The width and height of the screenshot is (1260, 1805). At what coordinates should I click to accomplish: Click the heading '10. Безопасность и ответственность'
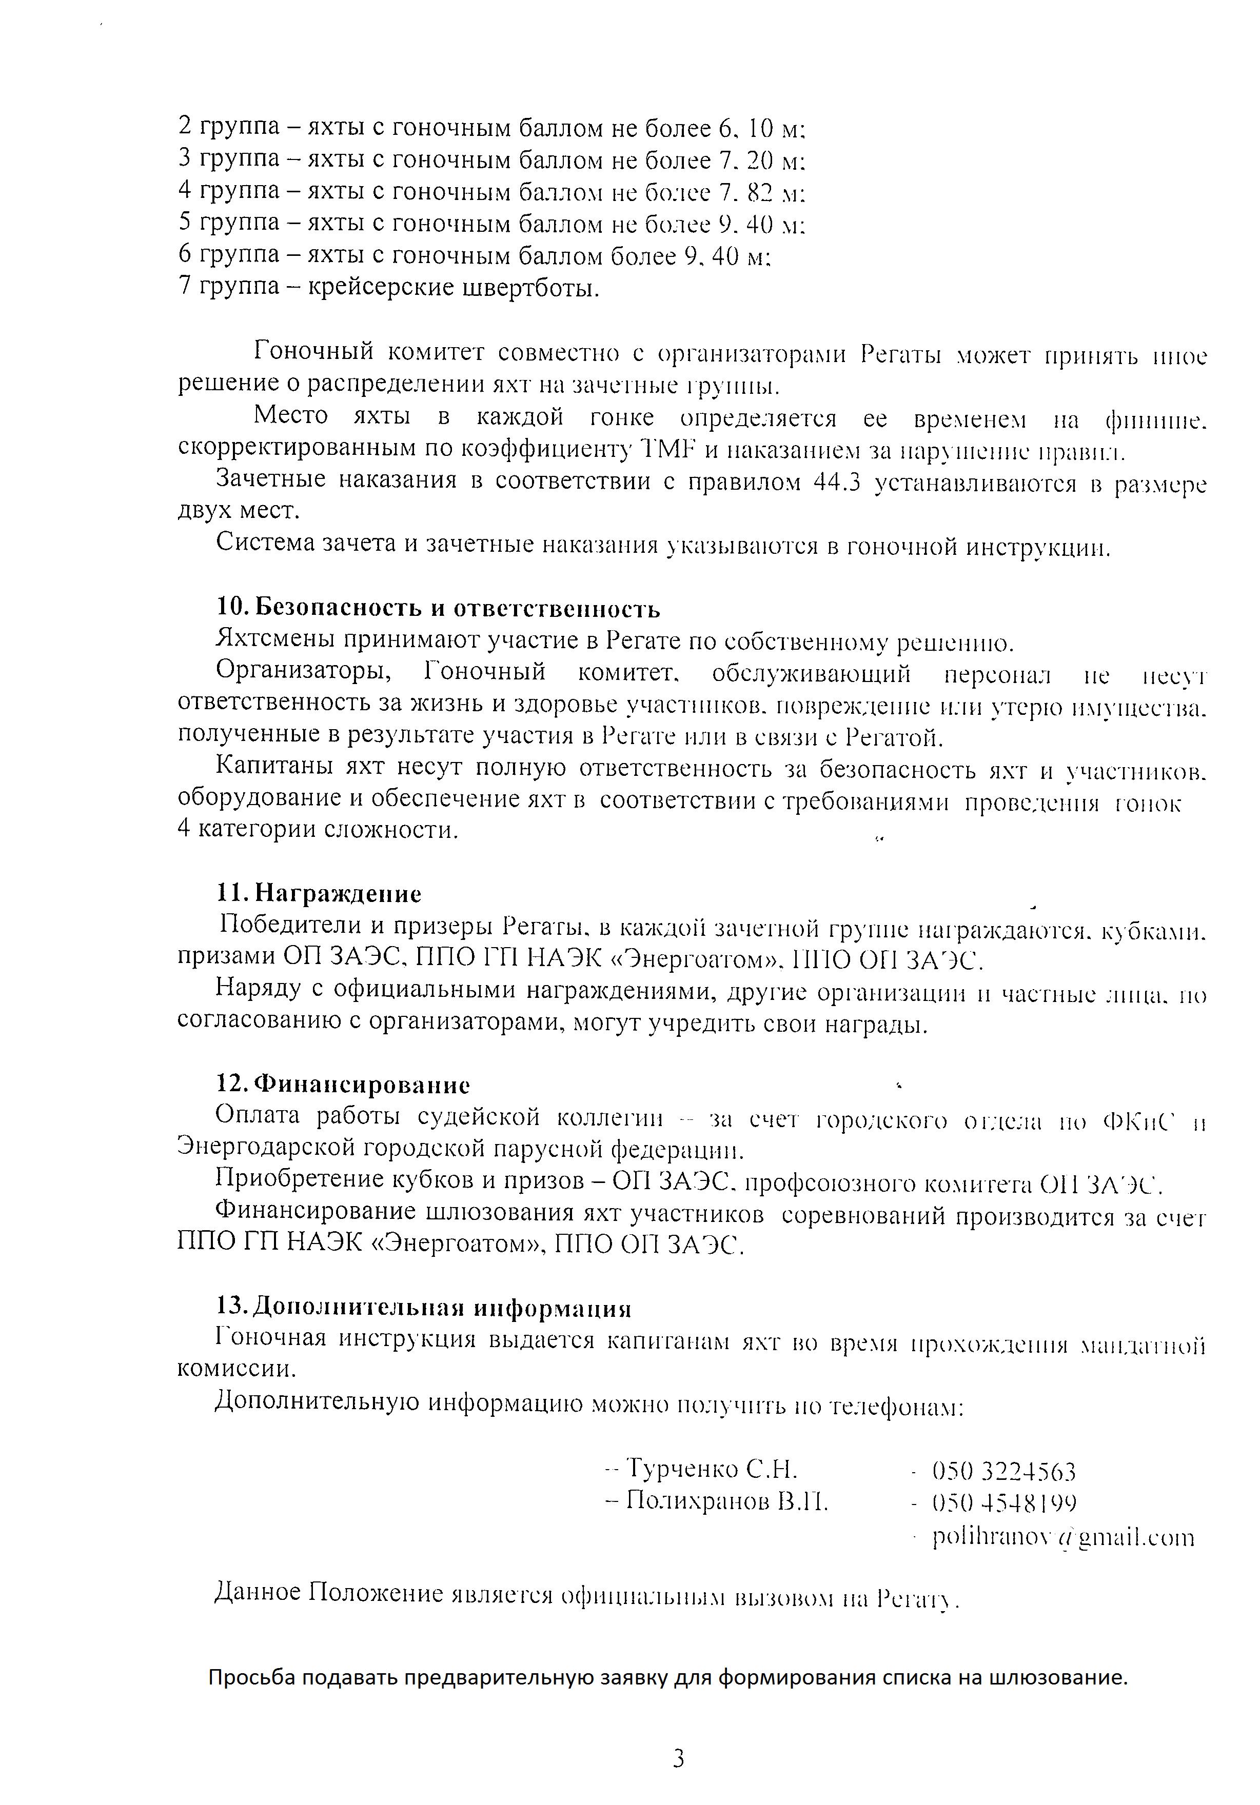click(x=438, y=609)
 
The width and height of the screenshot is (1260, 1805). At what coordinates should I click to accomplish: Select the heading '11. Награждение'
click(x=319, y=894)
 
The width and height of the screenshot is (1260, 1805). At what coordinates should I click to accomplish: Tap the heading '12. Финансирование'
click(x=343, y=1085)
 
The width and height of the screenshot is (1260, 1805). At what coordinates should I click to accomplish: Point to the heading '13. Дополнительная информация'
click(x=424, y=1308)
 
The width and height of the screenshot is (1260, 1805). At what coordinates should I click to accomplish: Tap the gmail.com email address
click(x=1062, y=1537)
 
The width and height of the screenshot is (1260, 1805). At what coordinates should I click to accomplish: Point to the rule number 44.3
click(x=834, y=483)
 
